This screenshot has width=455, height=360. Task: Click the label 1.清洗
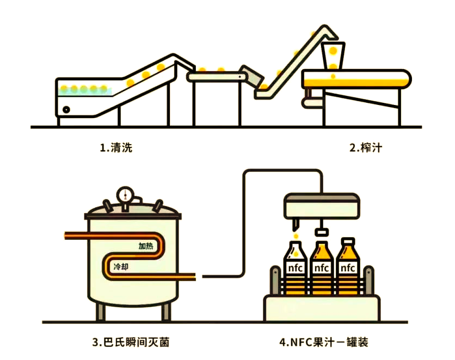(116, 147)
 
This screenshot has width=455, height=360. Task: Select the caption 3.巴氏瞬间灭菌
(134, 343)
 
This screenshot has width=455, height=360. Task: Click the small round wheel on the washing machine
(66, 109)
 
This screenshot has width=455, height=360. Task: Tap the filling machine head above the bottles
(322, 205)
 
